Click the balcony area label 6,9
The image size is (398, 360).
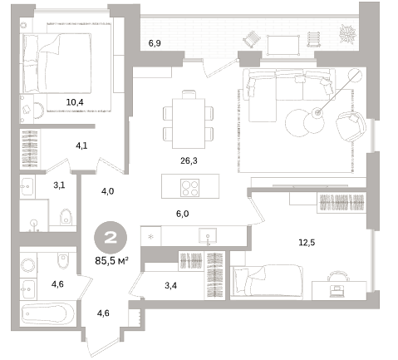click(x=155, y=43)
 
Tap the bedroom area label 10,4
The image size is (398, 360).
click(x=75, y=102)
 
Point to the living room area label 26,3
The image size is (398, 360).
click(x=189, y=160)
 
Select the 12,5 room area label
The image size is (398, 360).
click(x=307, y=243)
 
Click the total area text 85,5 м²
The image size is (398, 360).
click(x=111, y=261)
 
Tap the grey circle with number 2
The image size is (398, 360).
click(x=111, y=238)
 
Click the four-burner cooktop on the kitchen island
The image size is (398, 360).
click(x=190, y=188)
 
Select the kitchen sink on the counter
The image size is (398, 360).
click(x=208, y=236)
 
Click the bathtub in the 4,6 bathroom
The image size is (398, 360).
click(x=48, y=315)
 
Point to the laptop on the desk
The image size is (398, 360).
click(x=337, y=292)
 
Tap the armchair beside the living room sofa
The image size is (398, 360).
click(x=351, y=126)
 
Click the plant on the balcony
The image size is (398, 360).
click(x=347, y=34)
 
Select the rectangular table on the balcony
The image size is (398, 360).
click(x=283, y=45)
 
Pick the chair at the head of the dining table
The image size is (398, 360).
click(x=189, y=94)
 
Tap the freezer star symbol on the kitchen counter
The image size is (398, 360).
click(x=151, y=237)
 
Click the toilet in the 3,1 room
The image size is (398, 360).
click(x=66, y=216)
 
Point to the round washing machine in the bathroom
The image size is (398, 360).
click(x=28, y=265)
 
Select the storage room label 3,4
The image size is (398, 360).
click(x=170, y=285)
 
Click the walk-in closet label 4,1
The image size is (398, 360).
click(x=81, y=145)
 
